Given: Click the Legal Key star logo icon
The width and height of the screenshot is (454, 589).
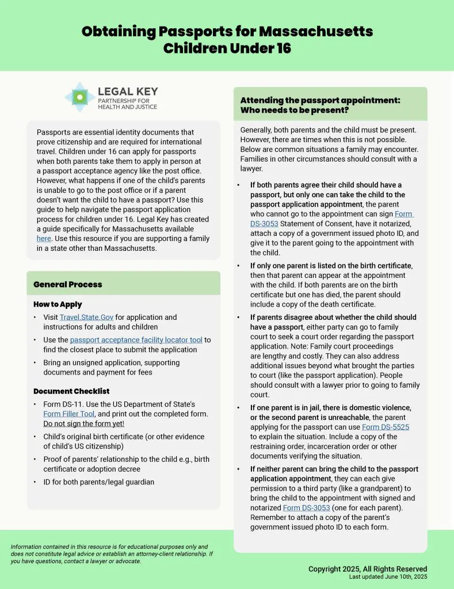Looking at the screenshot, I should pyautogui.click(x=80, y=97).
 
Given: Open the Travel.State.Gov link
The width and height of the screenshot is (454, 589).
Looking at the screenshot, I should pyautogui.click(x=86, y=317).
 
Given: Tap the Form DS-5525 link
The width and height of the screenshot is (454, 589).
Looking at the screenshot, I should pyautogui.click(x=386, y=427).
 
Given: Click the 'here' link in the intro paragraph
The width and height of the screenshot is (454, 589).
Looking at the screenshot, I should pyautogui.click(x=44, y=238).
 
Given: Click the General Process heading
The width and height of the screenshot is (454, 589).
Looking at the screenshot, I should pyautogui.click(x=67, y=284).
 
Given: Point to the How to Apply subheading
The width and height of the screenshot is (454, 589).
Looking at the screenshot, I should pyautogui.click(x=58, y=304).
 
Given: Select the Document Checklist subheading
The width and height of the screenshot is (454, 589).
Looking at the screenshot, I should pyautogui.click(x=71, y=391).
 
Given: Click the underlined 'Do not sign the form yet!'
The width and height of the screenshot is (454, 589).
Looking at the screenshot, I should pyautogui.click(x=83, y=424).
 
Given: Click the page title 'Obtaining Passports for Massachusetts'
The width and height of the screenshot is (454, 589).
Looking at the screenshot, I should pyautogui.click(x=227, y=31).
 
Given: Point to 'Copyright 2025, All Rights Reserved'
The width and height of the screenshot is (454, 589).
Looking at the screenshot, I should pyautogui.click(x=368, y=569).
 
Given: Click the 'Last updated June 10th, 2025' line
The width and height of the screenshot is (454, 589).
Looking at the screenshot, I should pyautogui.click(x=388, y=577).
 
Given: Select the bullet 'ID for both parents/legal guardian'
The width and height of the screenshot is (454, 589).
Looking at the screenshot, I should pyautogui.click(x=98, y=482).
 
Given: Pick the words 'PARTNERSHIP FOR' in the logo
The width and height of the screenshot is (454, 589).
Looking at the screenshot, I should pyautogui.click(x=122, y=101).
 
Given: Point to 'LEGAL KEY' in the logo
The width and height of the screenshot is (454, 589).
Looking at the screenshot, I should pyautogui.click(x=128, y=91).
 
